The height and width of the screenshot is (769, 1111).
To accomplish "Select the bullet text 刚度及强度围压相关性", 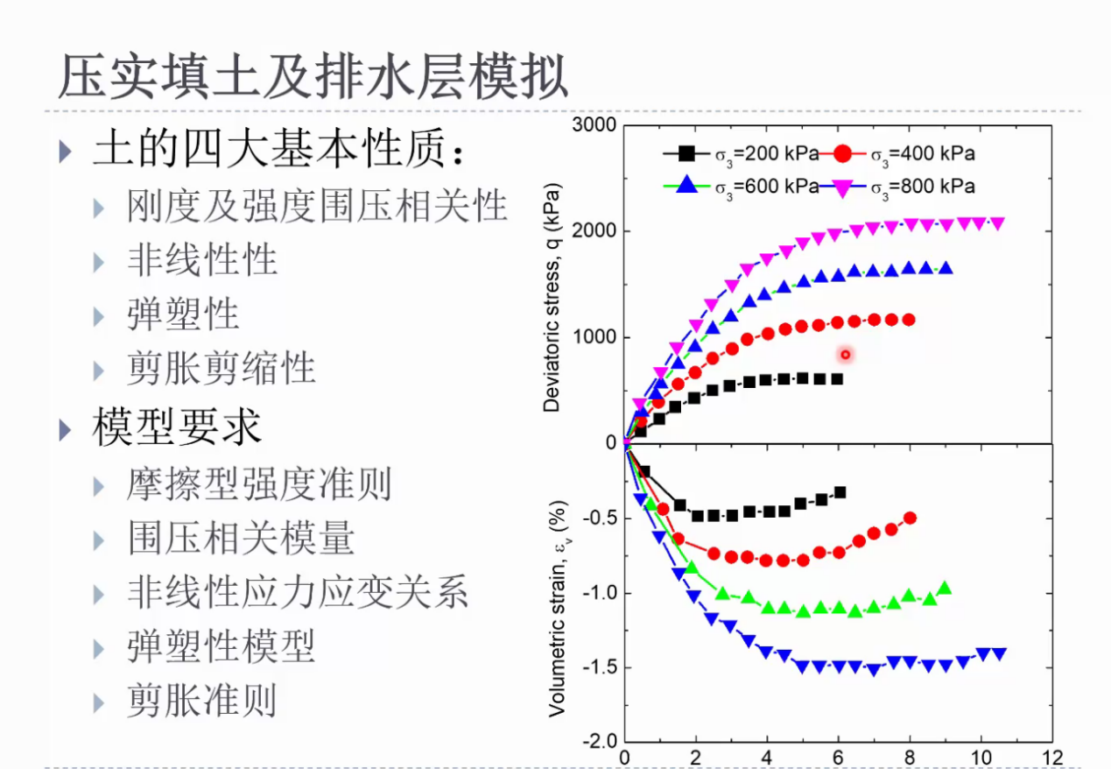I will [x=317, y=206].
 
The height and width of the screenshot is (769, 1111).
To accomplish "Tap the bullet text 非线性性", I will [x=202, y=260].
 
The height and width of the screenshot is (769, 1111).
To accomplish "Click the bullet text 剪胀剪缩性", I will [x=221, y=369].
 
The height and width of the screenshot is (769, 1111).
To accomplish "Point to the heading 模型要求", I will [x=177, y=427].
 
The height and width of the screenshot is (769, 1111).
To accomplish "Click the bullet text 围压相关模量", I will [x=241, y=538].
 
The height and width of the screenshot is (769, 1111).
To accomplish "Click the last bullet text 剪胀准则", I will [x=202, y=701].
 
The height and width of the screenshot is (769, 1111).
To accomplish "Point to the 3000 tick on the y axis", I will [x=594, y=124].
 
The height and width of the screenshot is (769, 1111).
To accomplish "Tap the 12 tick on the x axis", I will [x=1051, y=758].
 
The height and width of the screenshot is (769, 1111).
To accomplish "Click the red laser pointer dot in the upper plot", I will [x=846, y=355].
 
